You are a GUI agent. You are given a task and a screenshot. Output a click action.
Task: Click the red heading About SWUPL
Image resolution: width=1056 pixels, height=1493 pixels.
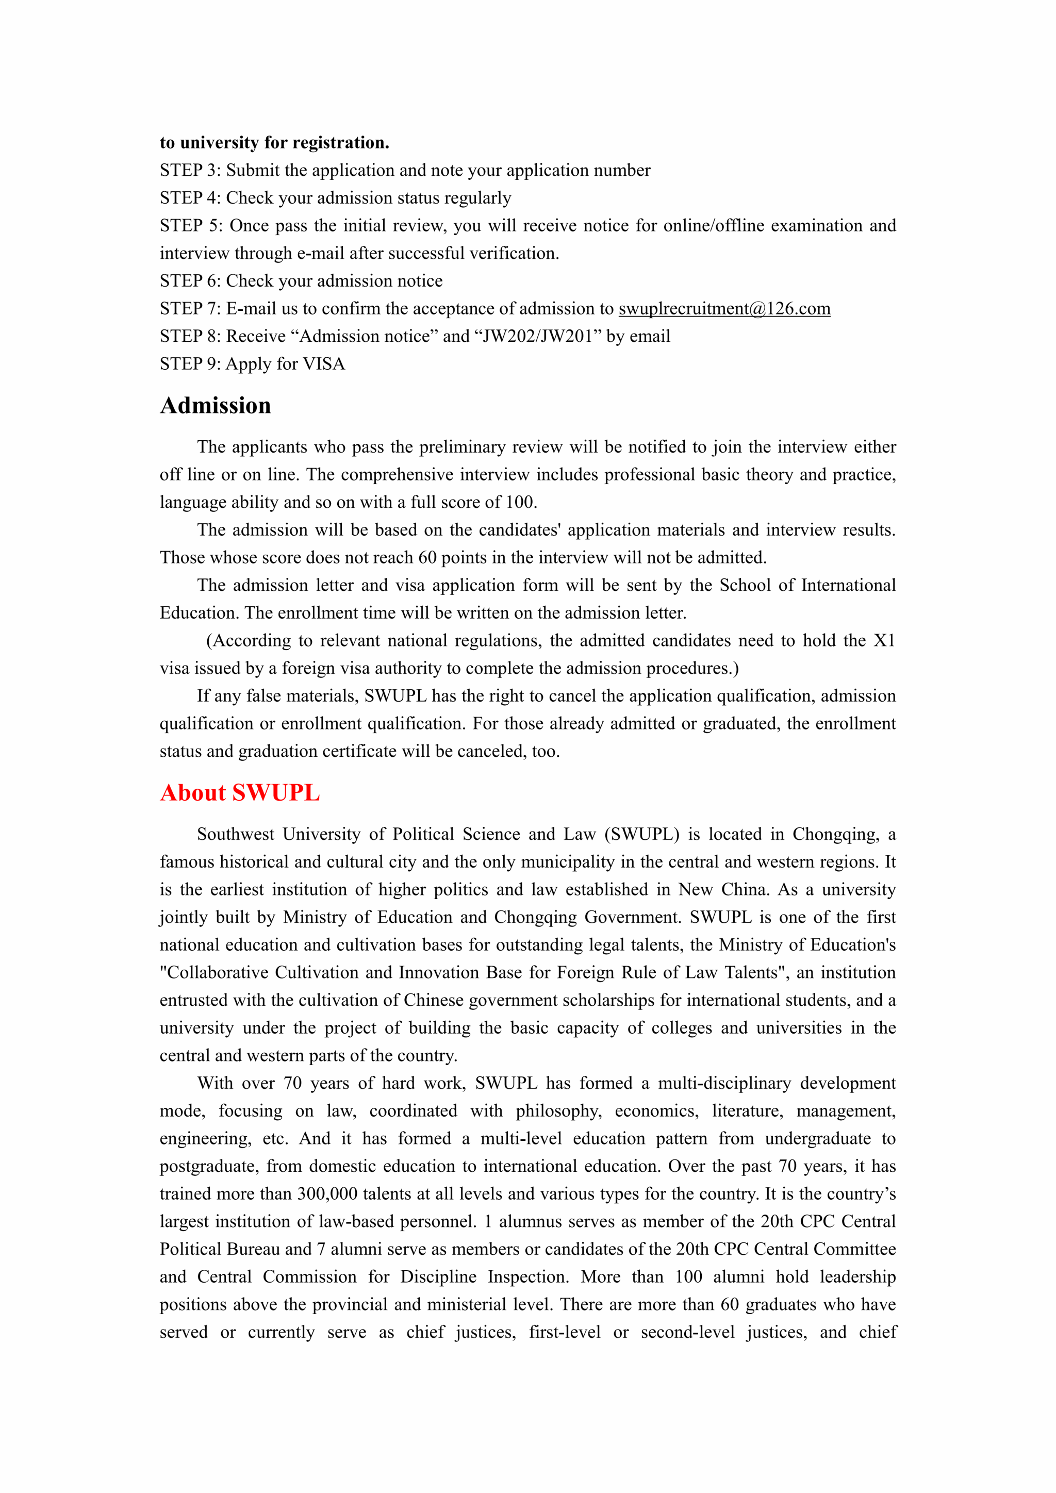tap(239, 793)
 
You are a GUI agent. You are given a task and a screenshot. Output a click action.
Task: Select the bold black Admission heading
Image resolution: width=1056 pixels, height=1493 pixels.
tap(215, 405)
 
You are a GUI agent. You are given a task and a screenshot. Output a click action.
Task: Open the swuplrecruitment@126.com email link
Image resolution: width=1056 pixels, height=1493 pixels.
tap(724, 308)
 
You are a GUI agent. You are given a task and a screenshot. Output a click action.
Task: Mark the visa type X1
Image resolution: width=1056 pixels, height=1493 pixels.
tap(884, 640)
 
